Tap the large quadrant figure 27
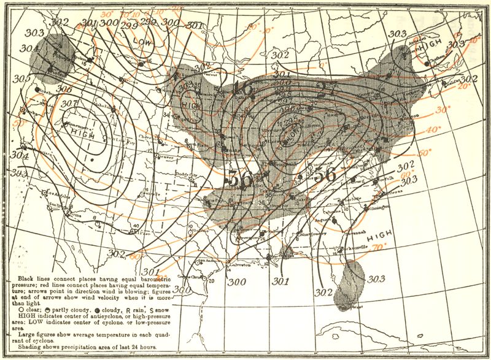(325, 90)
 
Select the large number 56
(325, 174)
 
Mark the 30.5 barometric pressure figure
(22, 79)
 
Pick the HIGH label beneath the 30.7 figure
(82, 132)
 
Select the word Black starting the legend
(18, 278)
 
